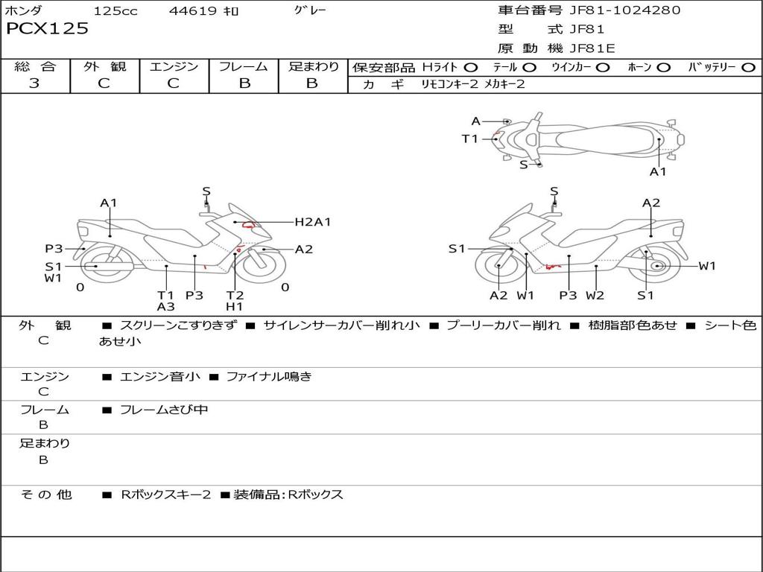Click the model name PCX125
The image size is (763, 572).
(47, 29)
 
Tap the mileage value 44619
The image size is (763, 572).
(194, 11)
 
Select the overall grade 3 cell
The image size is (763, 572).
(35, 83)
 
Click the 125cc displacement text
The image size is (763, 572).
(115, 11)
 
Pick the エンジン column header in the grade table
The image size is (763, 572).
(174, 66)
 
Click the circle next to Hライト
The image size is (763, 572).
(471, 67)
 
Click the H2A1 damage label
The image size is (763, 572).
(313, 222)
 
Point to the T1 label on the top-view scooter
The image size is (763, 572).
(469, 139)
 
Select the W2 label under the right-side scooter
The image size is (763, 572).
(595, 295)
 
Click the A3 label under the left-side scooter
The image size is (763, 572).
(165, 306)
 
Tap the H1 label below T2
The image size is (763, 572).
(235, 306)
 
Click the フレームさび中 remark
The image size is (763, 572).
(164, 410)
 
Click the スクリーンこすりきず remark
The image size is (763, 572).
(177, 325)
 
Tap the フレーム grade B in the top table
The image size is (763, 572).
(244, 83)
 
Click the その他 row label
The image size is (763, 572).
(45, 495)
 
